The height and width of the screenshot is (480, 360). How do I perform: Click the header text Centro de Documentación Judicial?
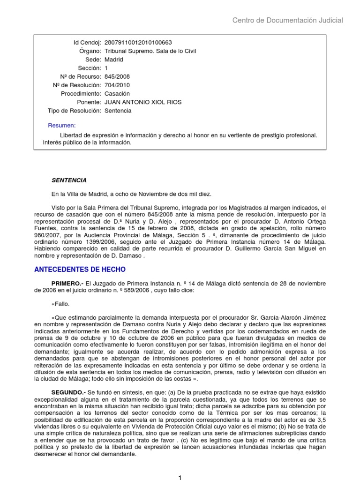click(x=288, y=20)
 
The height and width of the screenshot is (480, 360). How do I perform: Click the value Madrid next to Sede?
click(x=114, y=60)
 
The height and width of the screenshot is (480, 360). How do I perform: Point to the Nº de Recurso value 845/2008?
click(x=117, y=76)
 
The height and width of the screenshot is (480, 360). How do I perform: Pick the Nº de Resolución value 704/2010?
click(x=117, y=85)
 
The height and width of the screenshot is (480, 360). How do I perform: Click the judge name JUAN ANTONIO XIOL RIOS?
click(x=142, y=102)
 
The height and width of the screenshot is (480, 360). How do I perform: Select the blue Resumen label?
click(x=61, y=126)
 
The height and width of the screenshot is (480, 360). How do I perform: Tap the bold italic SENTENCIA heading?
click(x=69, y=180)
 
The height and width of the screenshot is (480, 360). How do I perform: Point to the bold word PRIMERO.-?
click(x=67, y=283)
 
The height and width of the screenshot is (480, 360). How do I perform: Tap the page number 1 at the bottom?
click(x=180, y=476)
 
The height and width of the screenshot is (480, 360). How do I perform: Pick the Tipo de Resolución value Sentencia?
click(x=118, y=111)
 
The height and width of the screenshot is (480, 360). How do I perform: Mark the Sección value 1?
click(x=106, y=68)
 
